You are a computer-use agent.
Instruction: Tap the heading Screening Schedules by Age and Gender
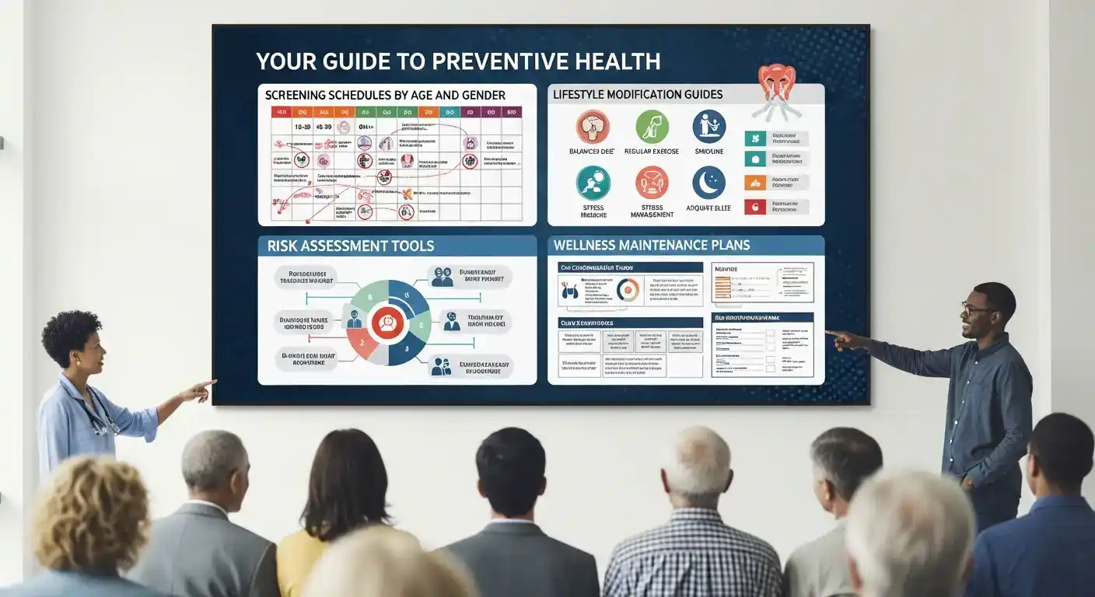[385, 95]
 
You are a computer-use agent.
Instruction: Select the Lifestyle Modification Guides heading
[637, 95]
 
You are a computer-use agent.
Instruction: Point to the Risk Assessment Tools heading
[351, 246]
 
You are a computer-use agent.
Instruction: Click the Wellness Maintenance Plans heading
[651, 246]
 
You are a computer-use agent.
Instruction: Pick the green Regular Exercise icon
[652, 126]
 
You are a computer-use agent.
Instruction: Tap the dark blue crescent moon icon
[708, 183]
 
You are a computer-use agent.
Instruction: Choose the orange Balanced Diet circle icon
[593, 126]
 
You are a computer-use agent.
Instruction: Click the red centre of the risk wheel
[386, 322]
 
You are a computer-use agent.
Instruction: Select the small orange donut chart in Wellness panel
[627, 290]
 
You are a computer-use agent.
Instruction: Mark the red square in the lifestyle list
[752, 207]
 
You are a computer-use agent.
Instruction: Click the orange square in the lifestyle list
[752, 183]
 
